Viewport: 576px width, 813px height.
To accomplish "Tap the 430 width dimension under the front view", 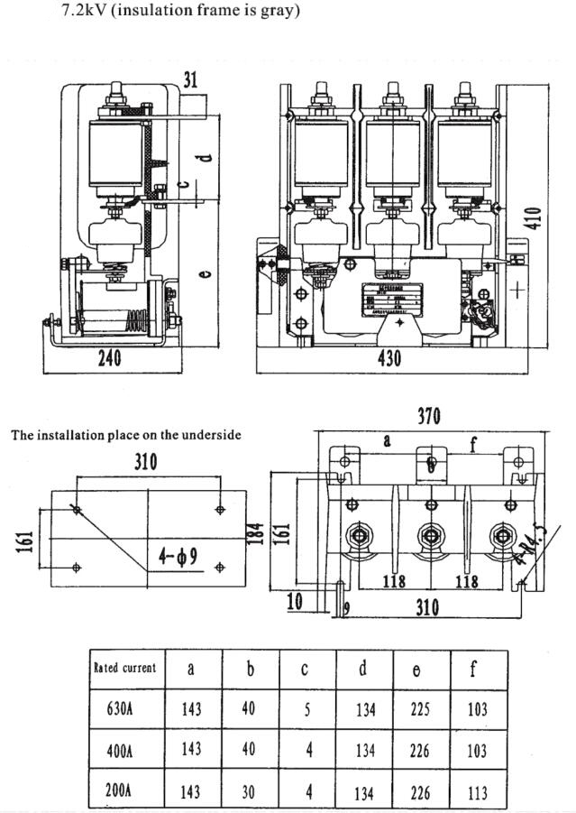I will point(389,358).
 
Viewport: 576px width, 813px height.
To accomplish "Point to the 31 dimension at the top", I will point(190,79).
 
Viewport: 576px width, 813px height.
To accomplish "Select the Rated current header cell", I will point(124,669).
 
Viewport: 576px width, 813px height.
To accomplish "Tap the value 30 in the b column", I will point(249,792).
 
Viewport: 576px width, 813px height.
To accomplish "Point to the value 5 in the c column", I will point(306,709).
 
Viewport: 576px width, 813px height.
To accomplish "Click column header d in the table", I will point(362,669).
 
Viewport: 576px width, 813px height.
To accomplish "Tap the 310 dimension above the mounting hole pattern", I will point(145,462).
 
